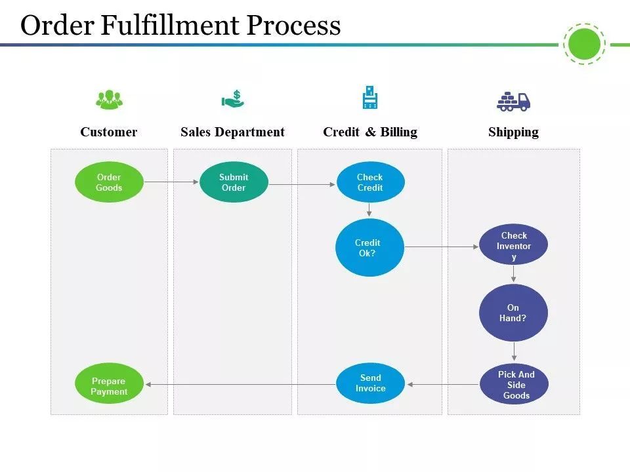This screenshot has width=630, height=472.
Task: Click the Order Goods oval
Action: [109, 182]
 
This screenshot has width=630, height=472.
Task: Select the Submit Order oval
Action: [234, 182]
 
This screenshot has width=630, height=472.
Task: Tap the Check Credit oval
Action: [370, 182]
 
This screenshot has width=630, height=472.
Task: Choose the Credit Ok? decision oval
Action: [369, 247]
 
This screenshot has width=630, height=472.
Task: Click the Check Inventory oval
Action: [513, 245]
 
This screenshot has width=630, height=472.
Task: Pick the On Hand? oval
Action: [513, 313]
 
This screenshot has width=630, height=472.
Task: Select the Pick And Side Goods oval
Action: [514, 384]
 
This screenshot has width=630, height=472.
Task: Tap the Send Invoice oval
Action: [370, 383]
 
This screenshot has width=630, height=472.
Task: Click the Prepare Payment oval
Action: [109, 383]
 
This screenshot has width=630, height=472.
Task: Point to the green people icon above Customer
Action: [110, 100]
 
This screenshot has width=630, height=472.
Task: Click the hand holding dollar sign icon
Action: [233, 99]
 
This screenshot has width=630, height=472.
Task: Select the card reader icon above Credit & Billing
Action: [370, 97]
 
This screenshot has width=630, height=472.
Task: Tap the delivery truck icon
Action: [513, 101]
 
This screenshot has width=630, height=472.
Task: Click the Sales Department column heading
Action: [232, 132]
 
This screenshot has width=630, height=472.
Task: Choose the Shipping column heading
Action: [513, 132]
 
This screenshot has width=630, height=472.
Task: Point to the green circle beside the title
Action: [584, 44]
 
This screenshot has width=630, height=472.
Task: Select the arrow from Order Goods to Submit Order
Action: [171, 182]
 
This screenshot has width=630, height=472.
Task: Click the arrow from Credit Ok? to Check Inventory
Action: [442, 247]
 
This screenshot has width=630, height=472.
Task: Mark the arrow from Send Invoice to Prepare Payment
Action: [240, 385]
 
